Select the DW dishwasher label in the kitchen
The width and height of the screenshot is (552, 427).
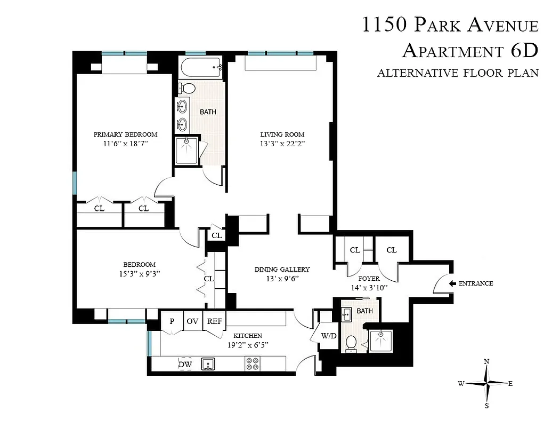coord(185,365)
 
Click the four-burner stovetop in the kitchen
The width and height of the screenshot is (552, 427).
coord(252,364)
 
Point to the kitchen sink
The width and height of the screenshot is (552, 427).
coord(208,364)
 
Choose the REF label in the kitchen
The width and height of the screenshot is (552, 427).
coord(215,321)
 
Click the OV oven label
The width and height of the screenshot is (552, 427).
coord(192,321)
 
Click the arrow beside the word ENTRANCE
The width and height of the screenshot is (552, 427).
coord(452,283)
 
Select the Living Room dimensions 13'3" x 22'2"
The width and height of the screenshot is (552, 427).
coord(282,144)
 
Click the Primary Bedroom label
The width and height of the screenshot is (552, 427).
coord(125,134)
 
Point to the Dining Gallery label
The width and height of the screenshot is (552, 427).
coord(282,270)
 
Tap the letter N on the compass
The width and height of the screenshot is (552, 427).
coord(486,362)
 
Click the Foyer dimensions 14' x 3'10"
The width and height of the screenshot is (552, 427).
coord(369,288)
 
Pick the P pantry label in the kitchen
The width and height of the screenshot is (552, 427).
coord(172,321)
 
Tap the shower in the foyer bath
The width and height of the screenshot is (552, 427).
coord(381,342)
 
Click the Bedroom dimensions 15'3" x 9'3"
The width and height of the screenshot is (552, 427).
coord(139,273)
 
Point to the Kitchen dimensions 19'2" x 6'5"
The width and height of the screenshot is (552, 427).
coord(248,344)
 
